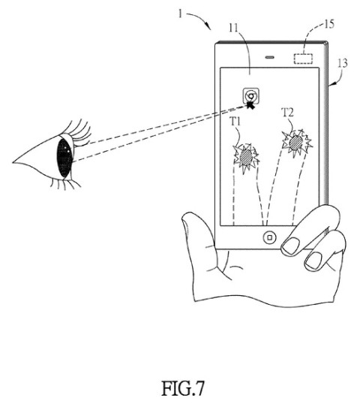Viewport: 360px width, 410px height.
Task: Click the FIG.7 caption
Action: [182, 388]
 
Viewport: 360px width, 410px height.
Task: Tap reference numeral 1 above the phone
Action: [180, 14]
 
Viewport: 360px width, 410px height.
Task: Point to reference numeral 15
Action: [329, 24]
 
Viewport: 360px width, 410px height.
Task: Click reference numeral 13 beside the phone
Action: [343, 63]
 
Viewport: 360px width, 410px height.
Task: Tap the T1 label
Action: [235, 122]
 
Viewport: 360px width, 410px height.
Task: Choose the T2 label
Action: [287, 113]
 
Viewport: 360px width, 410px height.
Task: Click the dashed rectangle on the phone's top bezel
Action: [303, 59]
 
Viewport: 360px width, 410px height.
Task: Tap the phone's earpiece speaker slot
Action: [269, 57]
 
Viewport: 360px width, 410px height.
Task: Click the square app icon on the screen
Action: [251, 96]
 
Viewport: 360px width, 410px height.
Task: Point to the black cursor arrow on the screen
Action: [250, 105]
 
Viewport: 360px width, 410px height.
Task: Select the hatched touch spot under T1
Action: [246, 157]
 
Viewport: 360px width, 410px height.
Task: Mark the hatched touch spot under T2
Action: [295, 143]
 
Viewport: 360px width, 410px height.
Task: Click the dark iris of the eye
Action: [64, 158]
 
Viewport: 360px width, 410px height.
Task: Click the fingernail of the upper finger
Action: [291, 246]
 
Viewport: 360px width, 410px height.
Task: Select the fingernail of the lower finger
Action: [313, 261]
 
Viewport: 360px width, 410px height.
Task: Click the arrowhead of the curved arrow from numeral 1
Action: [208, 26]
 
